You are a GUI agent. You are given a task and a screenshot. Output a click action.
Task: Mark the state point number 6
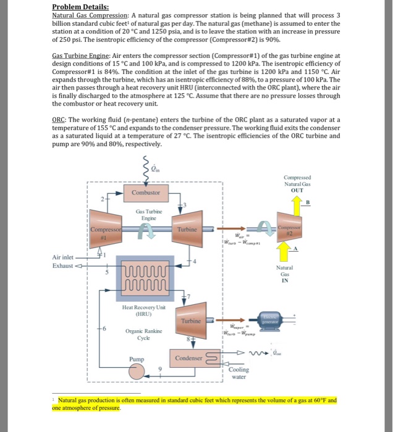[x=112, y=328]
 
